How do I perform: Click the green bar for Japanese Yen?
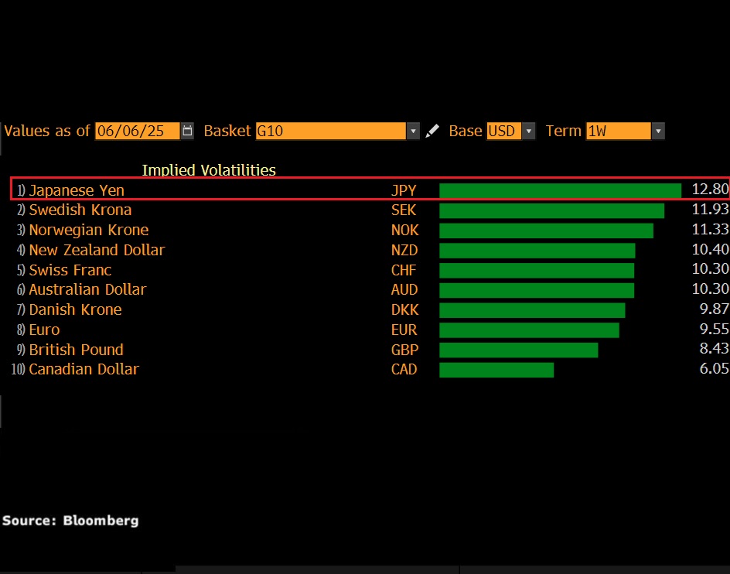click(560, 190)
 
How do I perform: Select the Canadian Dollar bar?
click(496, 370)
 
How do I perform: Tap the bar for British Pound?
click(518, 350)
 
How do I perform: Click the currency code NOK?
click(404, 230)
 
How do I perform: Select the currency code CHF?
click(404, 270)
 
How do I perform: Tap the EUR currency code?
click(404, 330)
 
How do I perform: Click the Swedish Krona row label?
click(80, 210)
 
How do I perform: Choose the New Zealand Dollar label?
click(97, 250)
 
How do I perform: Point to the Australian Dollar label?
click(87, 289)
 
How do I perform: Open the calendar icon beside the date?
click(187, 131)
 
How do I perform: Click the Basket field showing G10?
click(331, 131)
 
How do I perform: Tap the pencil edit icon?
click(432, 131)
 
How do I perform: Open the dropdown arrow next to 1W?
click(658, 131)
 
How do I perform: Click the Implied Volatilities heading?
click(209, 170)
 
